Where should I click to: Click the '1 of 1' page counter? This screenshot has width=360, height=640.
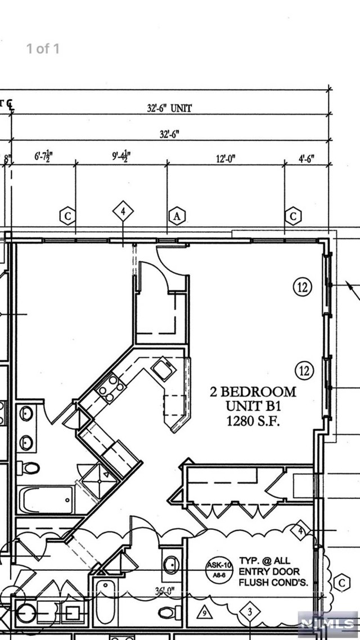(x=42, y=49)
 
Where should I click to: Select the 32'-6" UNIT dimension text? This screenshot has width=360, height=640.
(x=169, y=109)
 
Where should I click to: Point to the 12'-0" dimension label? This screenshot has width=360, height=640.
(x=226, y=159)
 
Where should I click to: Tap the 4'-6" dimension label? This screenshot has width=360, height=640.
(x=306, y=159)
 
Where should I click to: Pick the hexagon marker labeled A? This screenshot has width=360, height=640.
(x=177, y=216)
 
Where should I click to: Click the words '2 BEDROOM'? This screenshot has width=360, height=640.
(x=253, y=392)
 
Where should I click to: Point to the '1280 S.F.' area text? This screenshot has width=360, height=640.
(x=253, y=420)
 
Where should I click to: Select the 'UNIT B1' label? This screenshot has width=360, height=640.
(x=253, y=406)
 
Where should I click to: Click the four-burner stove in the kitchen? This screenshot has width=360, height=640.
(x=110, y=387)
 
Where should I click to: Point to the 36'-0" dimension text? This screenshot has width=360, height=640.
(x=165, y=591)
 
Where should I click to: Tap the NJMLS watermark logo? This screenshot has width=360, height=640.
(x=328, y=623)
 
